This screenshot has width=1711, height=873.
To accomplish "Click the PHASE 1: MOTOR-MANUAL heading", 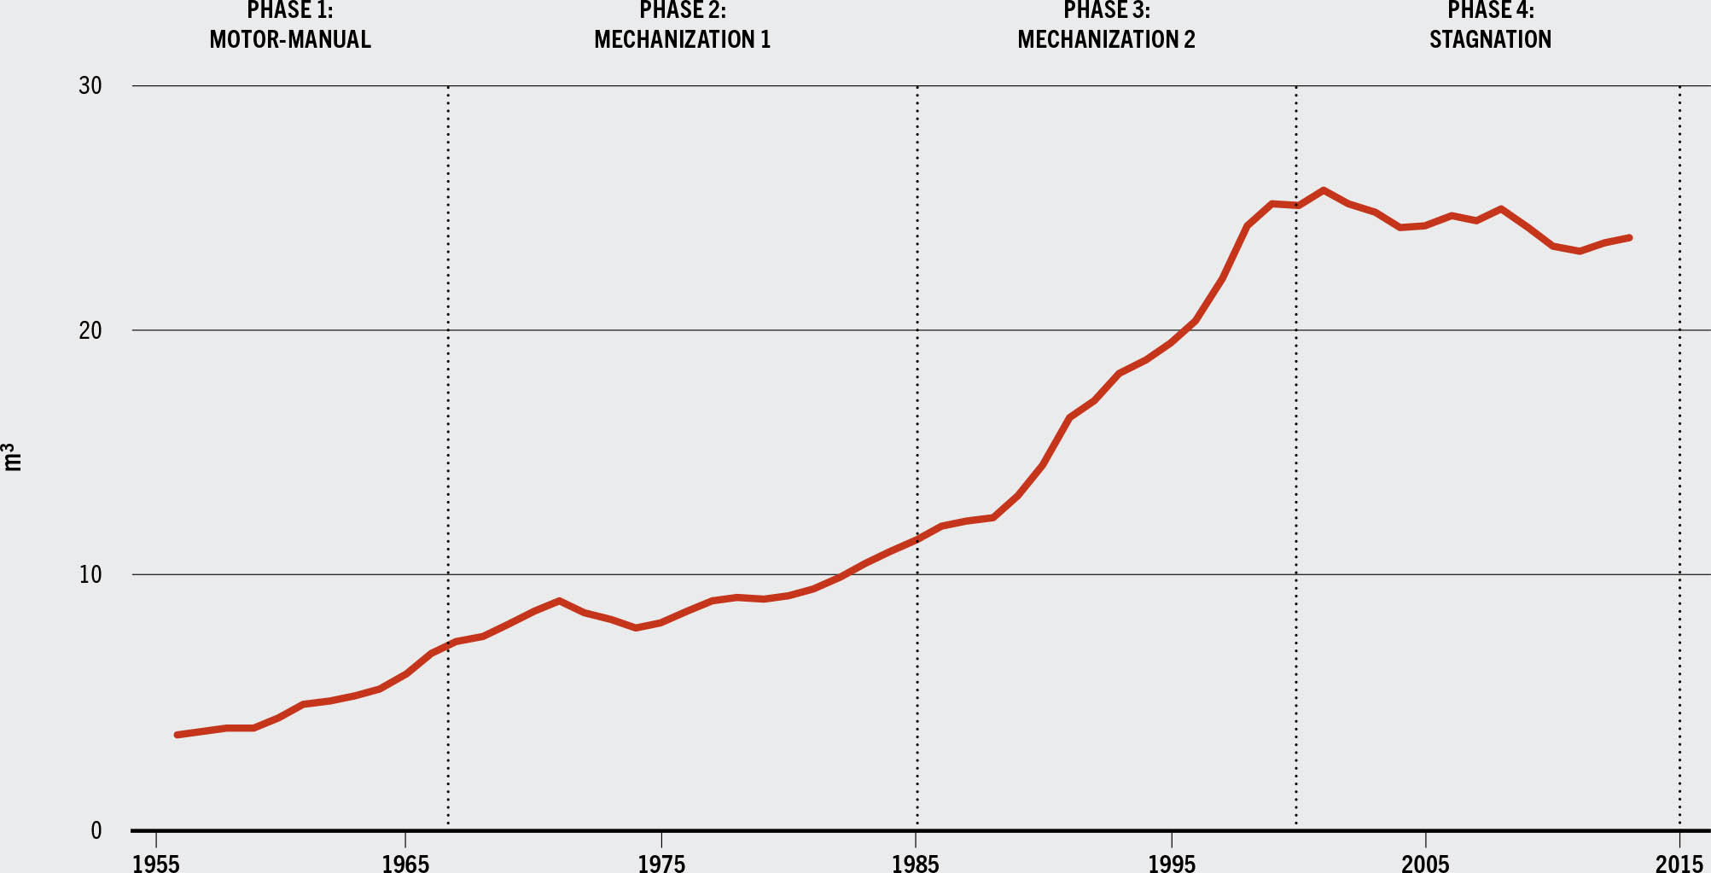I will click(x=290, y=26).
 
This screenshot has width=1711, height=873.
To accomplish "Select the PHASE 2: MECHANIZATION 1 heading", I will click(x=683, y=26).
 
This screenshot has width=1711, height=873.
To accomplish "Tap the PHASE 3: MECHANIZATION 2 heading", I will click(x=1106, y=26).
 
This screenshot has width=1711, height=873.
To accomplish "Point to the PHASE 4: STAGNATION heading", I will click(x=1490, y=26).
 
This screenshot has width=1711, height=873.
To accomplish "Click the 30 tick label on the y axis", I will click(x=90, y=86).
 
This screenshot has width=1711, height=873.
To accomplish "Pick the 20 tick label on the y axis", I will click(x=90, y=330).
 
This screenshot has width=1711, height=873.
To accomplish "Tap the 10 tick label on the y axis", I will click(x=90, y=574).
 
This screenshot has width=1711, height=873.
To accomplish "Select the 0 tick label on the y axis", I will click(x=96, y=830).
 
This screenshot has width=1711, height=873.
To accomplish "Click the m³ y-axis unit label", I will click(x=12, y=457).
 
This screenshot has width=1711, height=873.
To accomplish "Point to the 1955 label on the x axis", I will click(x=156, y=863).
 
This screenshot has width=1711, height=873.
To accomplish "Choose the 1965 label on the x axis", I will click(x=405, y=863).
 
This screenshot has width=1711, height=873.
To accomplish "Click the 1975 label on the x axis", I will click(x=661, y=863).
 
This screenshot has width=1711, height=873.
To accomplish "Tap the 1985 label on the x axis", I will click(x=916, y=863).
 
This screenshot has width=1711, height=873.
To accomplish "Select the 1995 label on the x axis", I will click(x=1171, y=863).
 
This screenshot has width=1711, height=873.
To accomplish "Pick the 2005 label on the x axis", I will click(x=1425, y=863).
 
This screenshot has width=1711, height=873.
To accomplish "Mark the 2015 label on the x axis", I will click(x=1679, y=863).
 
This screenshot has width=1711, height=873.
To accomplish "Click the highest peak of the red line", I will click(x=1323, y=189).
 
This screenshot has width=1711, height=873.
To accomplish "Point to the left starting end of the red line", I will click(x=177, y=735).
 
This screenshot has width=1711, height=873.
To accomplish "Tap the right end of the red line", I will click(x=1629, y=237).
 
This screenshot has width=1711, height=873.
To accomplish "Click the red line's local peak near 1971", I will click(x=558, y=601).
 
